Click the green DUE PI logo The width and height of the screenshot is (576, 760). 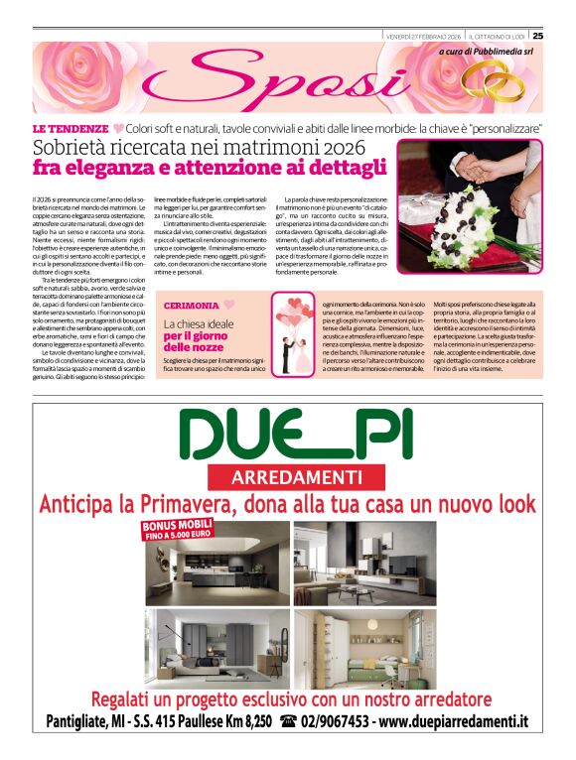[288, 435]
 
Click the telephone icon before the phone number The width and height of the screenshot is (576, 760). [289, 721]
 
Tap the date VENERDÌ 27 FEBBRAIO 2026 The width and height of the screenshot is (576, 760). [423, 36]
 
